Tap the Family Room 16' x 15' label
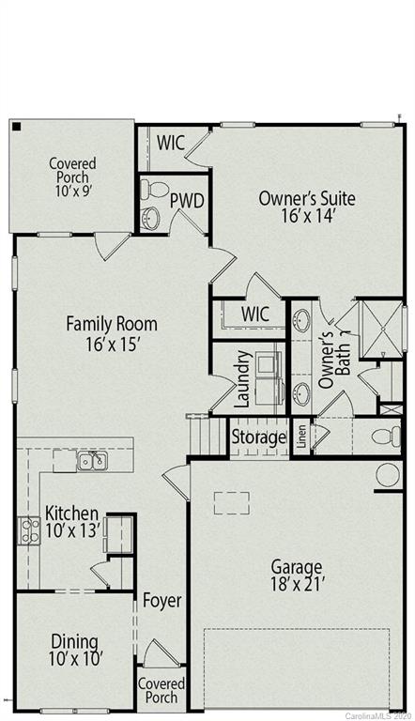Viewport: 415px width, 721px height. (x=111, y=333)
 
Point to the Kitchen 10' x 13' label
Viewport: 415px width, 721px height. (x=71, y=523)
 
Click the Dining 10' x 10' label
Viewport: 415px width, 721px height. (x=74, y=650)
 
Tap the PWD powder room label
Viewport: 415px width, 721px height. (x=187, y=200)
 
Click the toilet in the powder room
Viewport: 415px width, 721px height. (x=152, y=190)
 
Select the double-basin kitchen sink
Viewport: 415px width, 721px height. (x=91, y=460)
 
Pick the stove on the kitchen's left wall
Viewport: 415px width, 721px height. (x=26, y=531)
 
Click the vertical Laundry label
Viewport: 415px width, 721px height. (x=241, y=378)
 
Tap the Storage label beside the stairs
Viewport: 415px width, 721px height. (x=258, y=437)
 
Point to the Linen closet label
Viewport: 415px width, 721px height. (x=301, y=437)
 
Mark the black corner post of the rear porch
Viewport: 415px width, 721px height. (x=16, y=126)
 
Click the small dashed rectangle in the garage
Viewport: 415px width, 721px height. (x=231, y=502)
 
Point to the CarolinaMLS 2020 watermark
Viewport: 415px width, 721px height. (x=378, y=715)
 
